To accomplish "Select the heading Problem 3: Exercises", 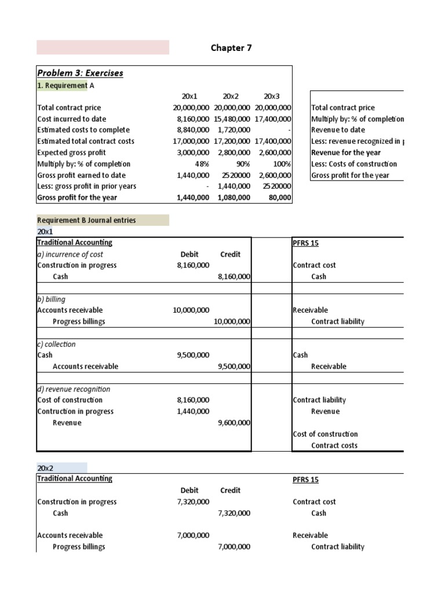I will [x=80, y=73].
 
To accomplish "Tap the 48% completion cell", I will [x=200, y=164].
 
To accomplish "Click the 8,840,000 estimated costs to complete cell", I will [x=191, y=130].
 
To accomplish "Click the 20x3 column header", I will [x=272, y=96].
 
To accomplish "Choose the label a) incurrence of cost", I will [x=70, y=254].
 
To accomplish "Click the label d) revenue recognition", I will [x=74, y=389].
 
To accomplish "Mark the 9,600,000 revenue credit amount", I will [x=234, y=423].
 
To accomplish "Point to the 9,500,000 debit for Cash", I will [x=193, y=355].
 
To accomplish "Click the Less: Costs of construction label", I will [x=354, y=164].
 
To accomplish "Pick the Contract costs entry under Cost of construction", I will [x=334, y=445].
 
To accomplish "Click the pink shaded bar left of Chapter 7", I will [x=103, y=47].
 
